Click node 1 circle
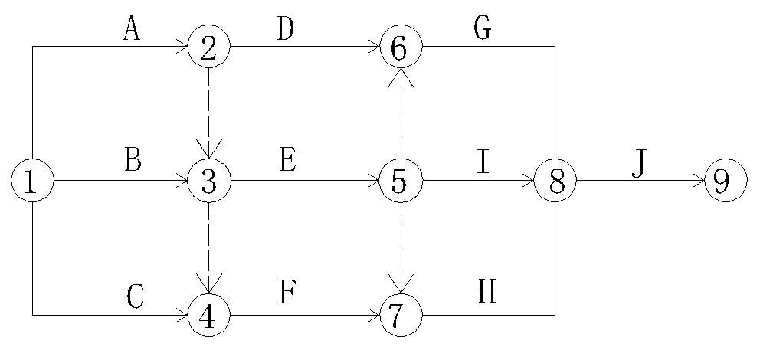(x=32, y=182)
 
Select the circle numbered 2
(x=208, y=47)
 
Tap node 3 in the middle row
(x=208, y=182)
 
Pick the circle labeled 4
(x=208, y=315)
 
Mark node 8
(x=555, y=182)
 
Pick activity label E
(x=287, y=162)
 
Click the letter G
(x=482, y=28)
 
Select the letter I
(x=483, y=162)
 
